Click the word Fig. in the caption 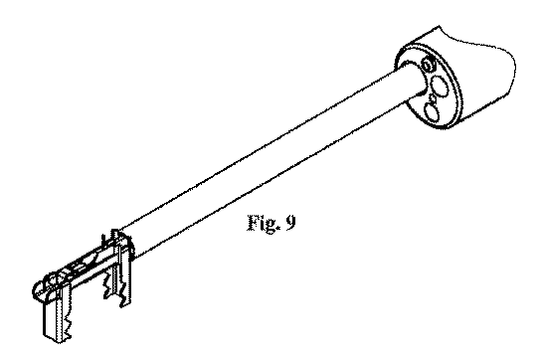coord(263,223)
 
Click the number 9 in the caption coord(290,223)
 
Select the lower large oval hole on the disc coord(433,112)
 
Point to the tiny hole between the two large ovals coord(433,98)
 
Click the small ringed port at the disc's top coord(429,64)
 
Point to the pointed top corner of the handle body coord(440,26)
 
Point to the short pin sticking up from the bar coord(102,240)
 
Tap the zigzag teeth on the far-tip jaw coord(68,324)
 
